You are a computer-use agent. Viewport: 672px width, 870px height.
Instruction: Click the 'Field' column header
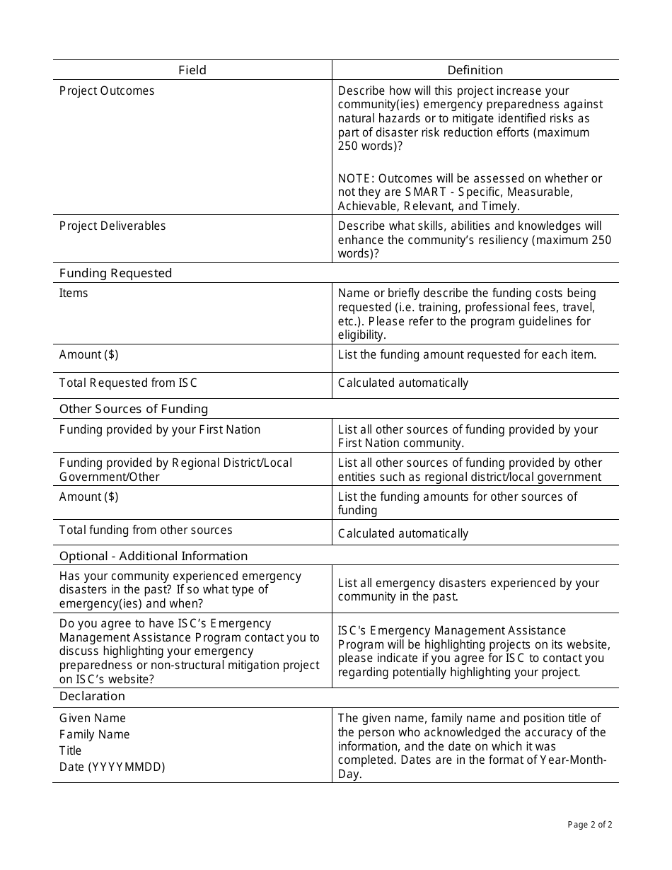point(192,70)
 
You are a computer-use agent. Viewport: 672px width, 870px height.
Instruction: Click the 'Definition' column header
point(475,70)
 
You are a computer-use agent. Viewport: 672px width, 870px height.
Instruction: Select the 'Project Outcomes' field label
point(107,91)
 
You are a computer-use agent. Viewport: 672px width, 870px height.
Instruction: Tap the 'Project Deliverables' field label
point(112,226)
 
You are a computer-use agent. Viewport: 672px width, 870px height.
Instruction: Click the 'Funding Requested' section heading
point(115,273)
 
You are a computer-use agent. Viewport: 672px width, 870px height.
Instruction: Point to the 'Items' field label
point(74,294)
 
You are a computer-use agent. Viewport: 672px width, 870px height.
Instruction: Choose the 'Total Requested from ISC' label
point(128,383)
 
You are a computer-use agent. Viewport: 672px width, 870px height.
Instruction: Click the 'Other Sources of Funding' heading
point(134,409)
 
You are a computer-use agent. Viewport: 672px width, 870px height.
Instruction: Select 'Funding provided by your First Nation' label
point(160,430)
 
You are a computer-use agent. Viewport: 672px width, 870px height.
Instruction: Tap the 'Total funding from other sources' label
point(146,530)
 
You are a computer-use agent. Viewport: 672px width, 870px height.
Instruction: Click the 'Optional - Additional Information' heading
point(153,556)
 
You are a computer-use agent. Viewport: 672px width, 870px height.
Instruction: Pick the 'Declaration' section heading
point(92,697)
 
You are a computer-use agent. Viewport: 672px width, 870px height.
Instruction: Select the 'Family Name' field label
point(95,735)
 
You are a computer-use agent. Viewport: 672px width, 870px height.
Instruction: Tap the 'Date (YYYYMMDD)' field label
point(112,767)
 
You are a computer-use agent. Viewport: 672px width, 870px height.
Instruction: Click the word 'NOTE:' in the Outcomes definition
point(356,179)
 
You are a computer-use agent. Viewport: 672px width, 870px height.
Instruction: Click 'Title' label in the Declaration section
point(71,751)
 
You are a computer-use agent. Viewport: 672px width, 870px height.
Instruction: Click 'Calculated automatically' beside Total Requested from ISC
point(403,383)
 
